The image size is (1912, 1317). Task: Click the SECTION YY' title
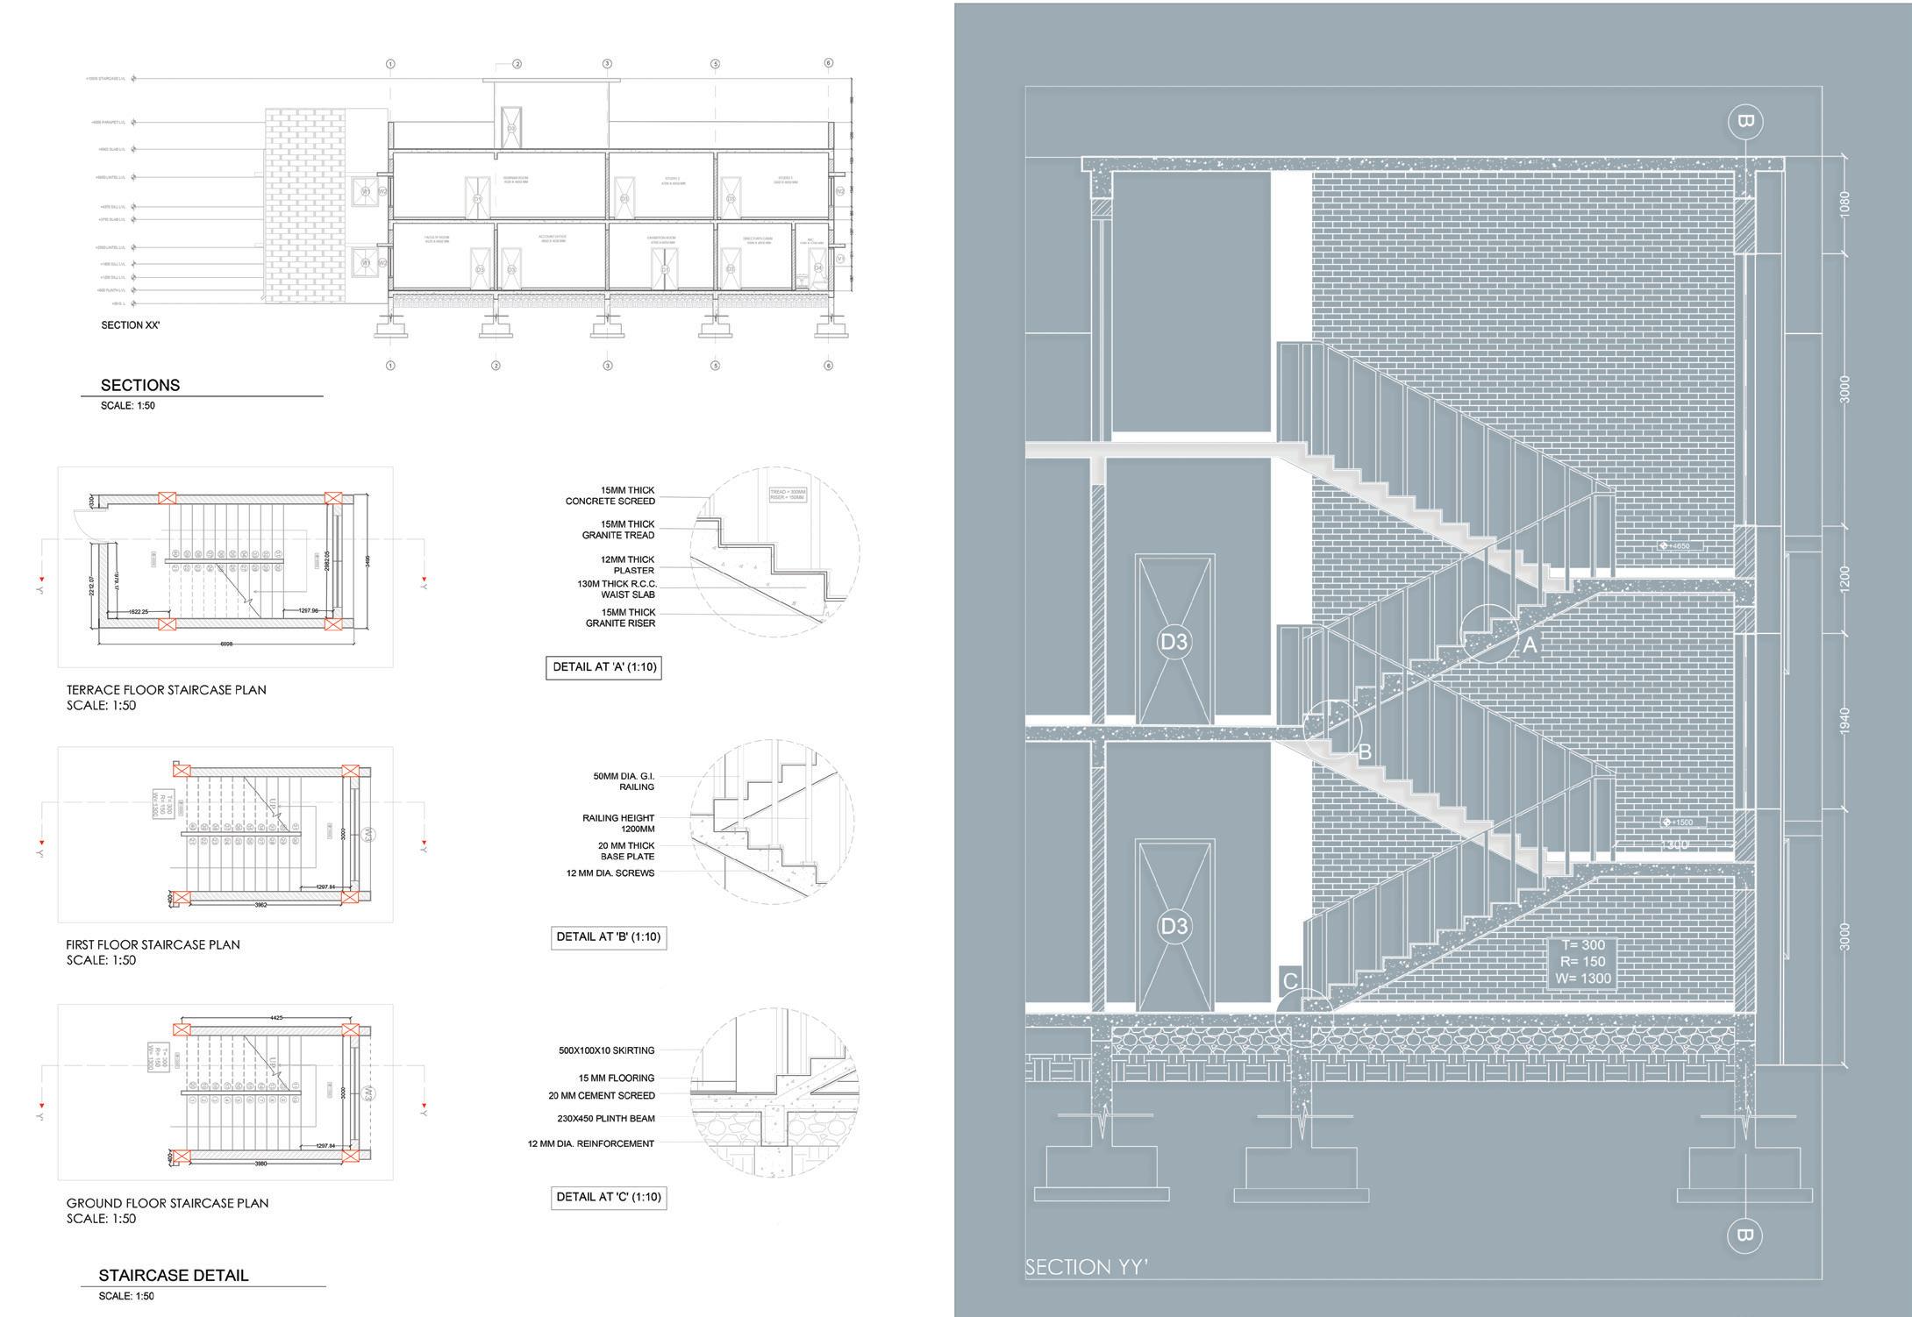(x=1087, y=1266)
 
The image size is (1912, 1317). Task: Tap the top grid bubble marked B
(x=1744, y=121)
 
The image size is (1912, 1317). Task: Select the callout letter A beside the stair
(x=1530, y=645)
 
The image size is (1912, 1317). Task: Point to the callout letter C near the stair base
(x=1289, y=980)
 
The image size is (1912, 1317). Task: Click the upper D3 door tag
(x=1174, y=642)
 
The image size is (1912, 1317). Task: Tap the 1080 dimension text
(x=1844, y=204)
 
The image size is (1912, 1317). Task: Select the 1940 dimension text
(x=1844, y=721)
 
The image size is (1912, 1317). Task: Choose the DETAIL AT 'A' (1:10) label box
(x=602, y=667)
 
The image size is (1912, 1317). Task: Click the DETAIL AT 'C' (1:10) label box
(x=608, y=1197)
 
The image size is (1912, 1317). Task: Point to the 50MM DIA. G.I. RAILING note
(x=624, y=781)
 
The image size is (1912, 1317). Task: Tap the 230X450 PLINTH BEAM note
(x=605, y=1119)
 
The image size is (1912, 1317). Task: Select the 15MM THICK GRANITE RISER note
(x=620, y=618)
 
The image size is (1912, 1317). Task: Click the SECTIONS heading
(x=140, y=385)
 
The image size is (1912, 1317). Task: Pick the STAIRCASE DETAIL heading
(x=174, y=1276)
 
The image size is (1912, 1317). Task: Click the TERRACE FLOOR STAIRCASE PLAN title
(x=167, y=690)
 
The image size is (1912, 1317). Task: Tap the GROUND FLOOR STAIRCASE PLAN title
(x=168, y=1203)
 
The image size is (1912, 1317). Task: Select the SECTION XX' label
(x=130, y=325)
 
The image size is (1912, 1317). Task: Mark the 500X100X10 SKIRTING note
(x=606, y=1050)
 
